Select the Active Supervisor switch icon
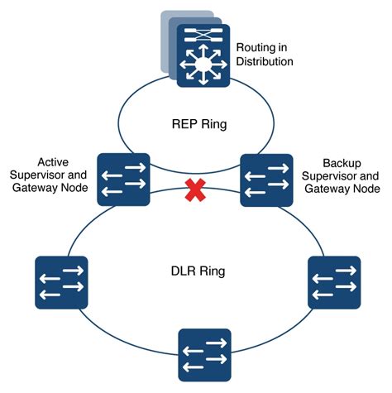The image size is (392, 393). point(123,180)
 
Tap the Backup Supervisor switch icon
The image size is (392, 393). point(266,180)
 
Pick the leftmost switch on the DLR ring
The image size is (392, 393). point(60,282)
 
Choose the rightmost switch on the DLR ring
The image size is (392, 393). point(334,282)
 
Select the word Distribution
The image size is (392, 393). point(265,61)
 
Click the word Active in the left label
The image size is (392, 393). point(55,161)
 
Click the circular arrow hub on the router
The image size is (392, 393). point(199,61)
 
